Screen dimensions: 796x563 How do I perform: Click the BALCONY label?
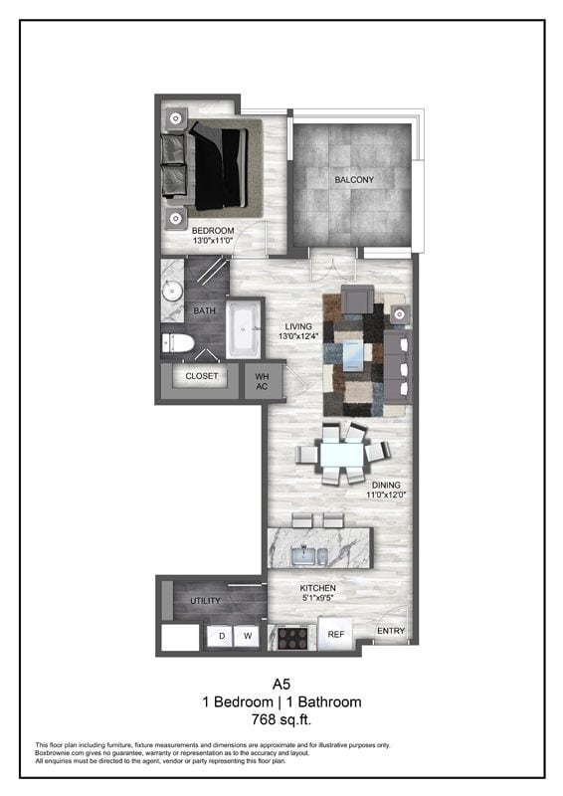click(x=354, y=180)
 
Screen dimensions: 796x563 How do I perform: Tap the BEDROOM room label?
click(x=213, y=231)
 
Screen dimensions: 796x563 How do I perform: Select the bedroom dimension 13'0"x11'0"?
click(x=213, y=241)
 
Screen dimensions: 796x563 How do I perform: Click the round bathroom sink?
click(x=171, y=293)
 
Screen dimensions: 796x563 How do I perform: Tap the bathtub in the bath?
click(x=242, y=330)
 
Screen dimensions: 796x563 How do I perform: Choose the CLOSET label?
click(x=201, y=377)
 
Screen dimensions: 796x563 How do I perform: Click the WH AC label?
click(x=263, y=381)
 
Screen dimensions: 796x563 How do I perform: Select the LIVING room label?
click(x=298, y=326)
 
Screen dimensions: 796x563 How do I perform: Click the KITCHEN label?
click(x=319, y=589)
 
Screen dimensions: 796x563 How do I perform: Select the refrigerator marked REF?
click(x=335, y=633)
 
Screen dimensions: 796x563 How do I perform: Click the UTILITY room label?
click(x=205, y=601)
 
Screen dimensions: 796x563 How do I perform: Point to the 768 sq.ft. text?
click(x=281, y=718)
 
